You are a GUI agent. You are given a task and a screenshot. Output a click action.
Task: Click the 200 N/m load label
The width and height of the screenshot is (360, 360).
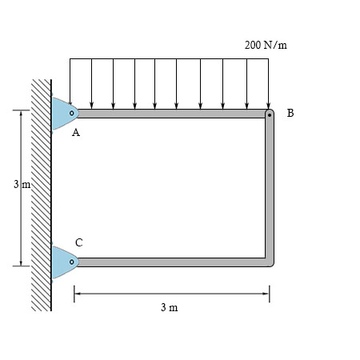click(266, 45)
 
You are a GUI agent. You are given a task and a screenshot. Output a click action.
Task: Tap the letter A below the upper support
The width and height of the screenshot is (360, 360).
click(76, 134)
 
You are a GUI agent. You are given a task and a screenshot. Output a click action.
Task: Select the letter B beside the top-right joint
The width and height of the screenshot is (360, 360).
click(290, 114)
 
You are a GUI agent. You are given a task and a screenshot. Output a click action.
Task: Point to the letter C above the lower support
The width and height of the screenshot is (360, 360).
click(78, 242)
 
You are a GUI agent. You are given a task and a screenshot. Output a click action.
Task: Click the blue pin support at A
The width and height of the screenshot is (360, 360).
click(63, 114)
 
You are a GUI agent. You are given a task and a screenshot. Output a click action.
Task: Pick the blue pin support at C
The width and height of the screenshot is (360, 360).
click(63, 262)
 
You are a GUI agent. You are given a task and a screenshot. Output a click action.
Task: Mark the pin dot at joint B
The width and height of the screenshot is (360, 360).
click(270, 114)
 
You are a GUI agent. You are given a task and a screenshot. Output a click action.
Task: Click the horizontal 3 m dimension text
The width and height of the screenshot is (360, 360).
click(169, 308)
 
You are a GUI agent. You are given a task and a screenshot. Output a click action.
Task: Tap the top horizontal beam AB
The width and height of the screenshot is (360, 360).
click(168, 114)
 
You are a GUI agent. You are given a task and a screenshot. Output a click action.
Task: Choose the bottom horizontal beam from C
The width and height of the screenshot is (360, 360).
click(168, 262)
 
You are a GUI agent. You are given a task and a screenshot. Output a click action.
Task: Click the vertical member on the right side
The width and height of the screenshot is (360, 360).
click(270, 188)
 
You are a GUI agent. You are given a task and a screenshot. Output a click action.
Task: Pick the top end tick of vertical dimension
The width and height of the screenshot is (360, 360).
click(20, 110)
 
